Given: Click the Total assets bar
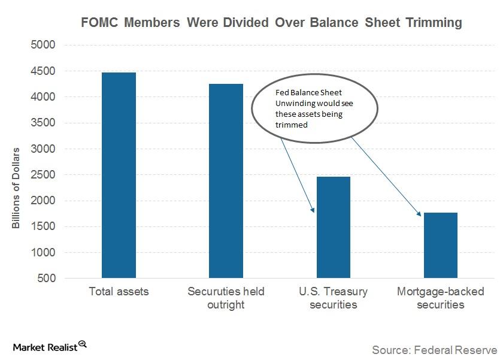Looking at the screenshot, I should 119,175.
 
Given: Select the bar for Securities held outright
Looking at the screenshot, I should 226,181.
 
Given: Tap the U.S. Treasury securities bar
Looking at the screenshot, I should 333,228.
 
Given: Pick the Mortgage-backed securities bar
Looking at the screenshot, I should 440,246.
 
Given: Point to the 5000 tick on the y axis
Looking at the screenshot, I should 43,45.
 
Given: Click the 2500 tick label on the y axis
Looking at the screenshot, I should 43,175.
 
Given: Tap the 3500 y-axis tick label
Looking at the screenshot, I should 43,123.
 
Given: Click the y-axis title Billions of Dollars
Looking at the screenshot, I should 17,187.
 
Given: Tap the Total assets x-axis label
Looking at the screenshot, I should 119,292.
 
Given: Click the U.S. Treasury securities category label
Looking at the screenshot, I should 333,298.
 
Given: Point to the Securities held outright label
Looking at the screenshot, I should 226,298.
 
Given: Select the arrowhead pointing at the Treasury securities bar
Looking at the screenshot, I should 313,210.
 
